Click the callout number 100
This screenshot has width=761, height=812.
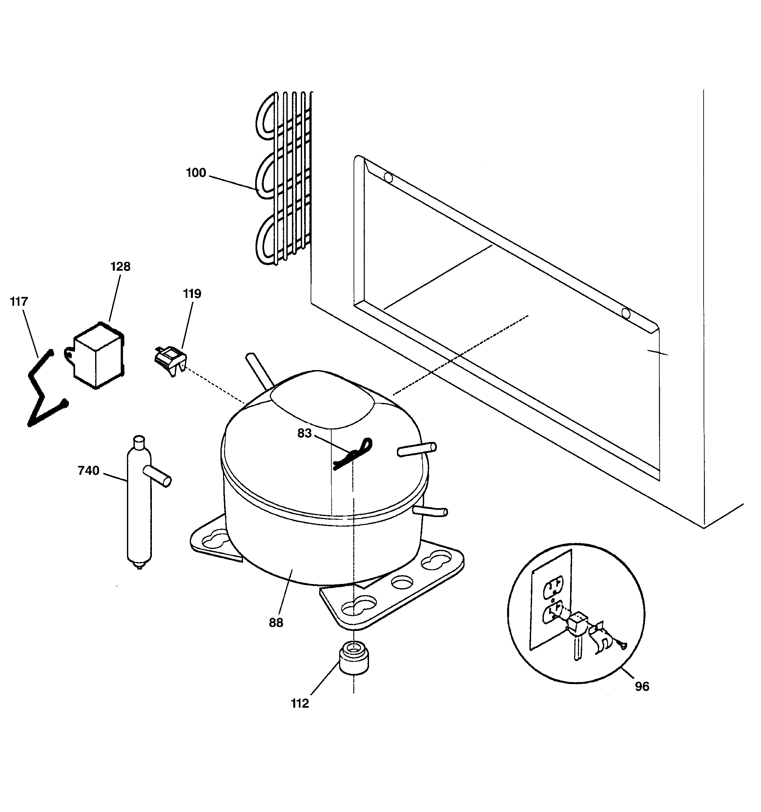click(196, 173)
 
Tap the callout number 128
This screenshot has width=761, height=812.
click(120, 267)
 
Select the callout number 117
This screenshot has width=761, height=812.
click(19, 302)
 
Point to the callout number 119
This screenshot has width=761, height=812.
click(192, 294)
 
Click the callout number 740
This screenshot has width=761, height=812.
click(88, 471)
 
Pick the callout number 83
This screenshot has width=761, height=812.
click(304, 433)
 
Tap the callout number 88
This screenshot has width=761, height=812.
click(276, 623)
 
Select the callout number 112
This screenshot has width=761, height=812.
click(300, 703)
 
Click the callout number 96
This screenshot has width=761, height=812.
click(642, 687)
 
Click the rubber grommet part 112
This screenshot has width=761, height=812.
click(354, 658)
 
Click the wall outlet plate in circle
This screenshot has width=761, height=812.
click(551, 600)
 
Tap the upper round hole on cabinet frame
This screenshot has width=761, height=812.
click(388, 178)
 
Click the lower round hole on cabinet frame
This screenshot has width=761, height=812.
click(626, 314)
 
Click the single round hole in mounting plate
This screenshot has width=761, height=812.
click(401, 582)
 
